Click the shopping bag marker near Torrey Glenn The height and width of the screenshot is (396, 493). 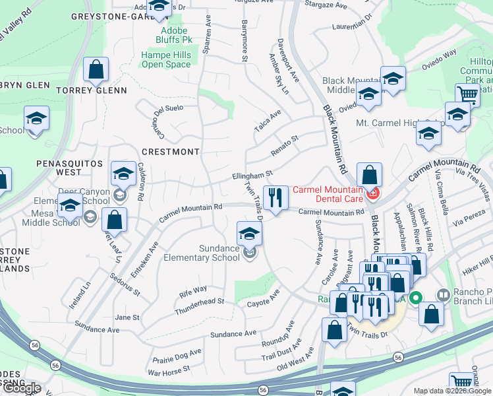coord(96,69)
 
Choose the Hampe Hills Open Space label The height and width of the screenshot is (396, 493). coord(166,60)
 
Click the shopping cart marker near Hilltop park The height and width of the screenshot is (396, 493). coord(467,94)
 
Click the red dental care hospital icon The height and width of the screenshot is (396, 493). coord(372,193)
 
